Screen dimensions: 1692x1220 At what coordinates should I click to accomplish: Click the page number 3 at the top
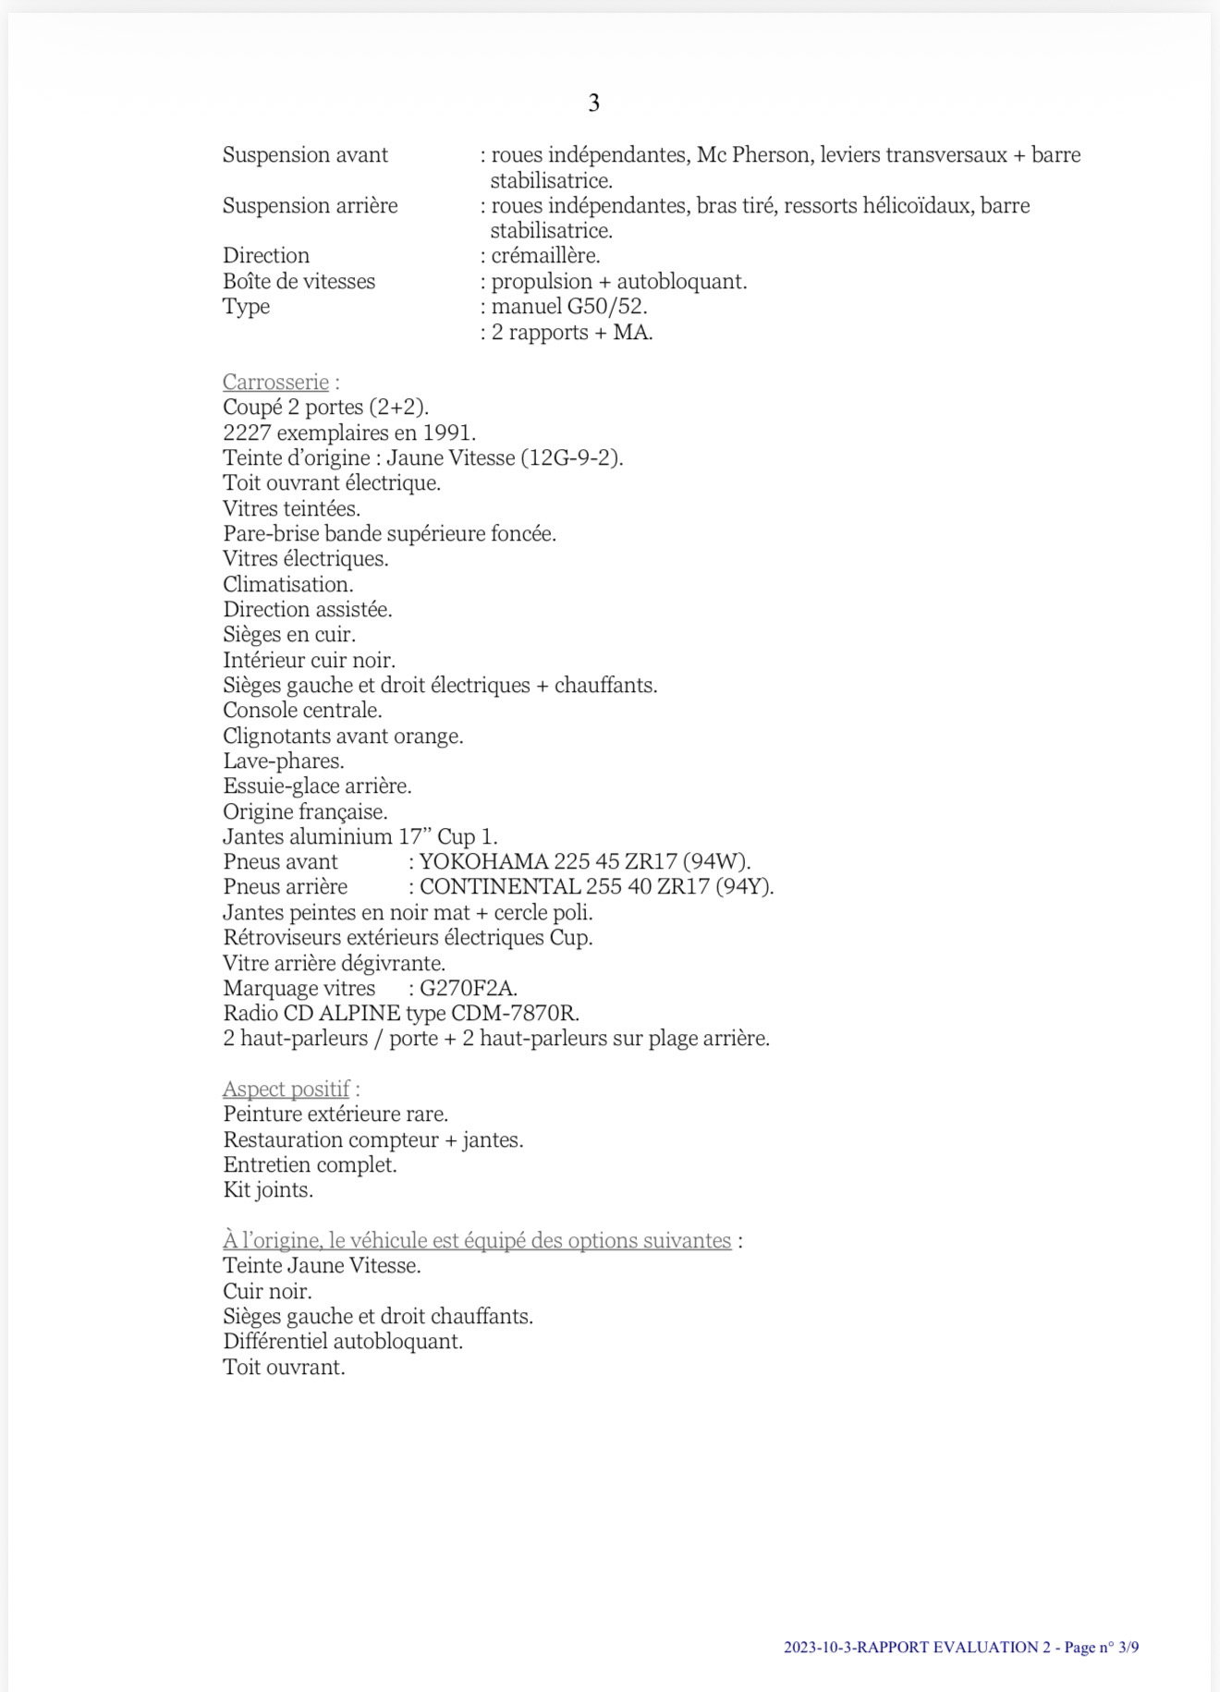pyautogui.click(x=593, y=103)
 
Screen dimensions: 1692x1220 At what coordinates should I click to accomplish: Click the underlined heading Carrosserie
pyautogui.click(x=275, y=382)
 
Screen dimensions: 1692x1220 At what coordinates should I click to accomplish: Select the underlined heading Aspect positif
pyautogui.click(x=286, y=1089)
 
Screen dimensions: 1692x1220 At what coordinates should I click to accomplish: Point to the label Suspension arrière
pyautogui.click(x=310, y=205)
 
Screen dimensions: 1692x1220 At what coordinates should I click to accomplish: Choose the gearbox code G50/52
pyautogui.click(x=606, y=306)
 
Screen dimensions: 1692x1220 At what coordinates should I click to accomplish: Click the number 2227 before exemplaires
pyautogui.click(x=247, y=432)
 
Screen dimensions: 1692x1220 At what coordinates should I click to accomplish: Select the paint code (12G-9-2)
pyautogui.click(x=572, y=457)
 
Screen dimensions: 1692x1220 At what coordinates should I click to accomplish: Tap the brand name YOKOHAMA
pyautogui.click(x=483, y=862)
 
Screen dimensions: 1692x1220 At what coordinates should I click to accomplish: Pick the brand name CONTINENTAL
pyautogui.click(x=499, y=887)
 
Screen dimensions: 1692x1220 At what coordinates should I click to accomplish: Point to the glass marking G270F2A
pyautogui.click(x=468, y=988)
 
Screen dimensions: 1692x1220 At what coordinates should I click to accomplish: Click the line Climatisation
pyautogui.click(x=287, y=584)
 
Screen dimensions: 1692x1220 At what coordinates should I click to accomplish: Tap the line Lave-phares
pyautogui.click(x=283, y=761)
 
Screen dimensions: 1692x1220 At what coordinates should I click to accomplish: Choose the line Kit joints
pyautogui.click(x=268, y=1190)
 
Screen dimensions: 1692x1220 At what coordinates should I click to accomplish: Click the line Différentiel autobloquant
pyautogui.click(x=342, y=1342)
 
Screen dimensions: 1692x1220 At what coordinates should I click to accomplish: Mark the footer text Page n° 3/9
pyautogui.click(x=1101, y=1647)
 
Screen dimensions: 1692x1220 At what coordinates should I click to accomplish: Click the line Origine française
pyautogui.click(x=305, y=812)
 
